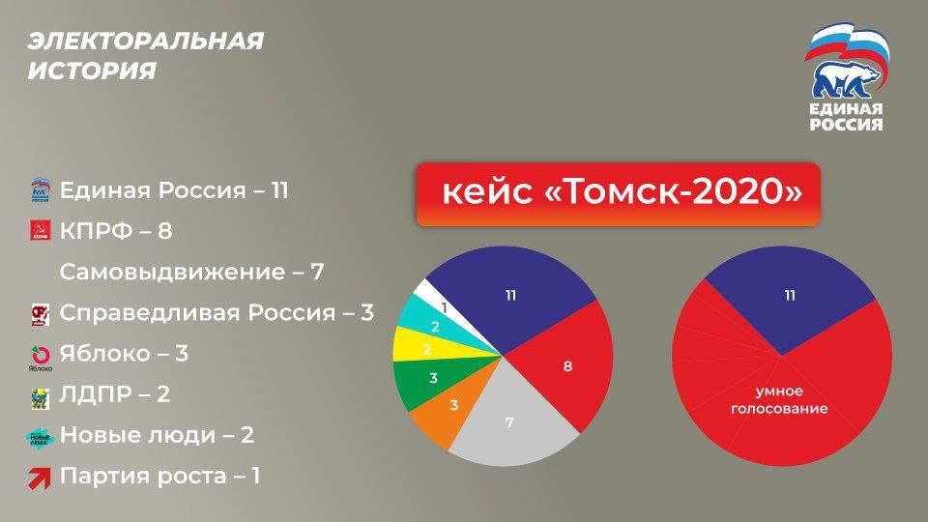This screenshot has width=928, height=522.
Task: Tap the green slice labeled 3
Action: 434,379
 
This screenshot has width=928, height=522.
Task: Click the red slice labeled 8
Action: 566,365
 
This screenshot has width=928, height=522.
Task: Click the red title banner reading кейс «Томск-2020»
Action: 619,193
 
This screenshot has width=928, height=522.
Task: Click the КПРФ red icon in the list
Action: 41,230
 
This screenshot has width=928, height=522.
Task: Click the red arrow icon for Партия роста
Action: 40,478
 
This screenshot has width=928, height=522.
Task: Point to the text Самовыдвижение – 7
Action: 191,273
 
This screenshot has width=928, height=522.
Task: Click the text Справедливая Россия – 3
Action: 217,312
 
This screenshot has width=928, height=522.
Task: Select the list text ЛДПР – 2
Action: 115,394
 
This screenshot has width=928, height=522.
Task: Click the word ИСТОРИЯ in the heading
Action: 92,71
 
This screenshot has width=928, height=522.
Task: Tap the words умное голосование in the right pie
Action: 779,400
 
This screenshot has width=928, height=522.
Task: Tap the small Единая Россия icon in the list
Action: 41,190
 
